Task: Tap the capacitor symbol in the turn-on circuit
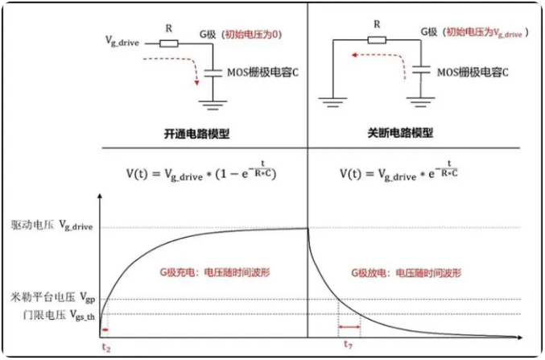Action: pyautogui.click(x=213, y=73)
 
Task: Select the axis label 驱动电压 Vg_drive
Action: pyautogui.click(x=52, y=228)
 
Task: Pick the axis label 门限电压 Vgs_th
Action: pyautogui.click(x=50, y=314)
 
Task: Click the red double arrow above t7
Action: pyautogui.click(x=349, y=327)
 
